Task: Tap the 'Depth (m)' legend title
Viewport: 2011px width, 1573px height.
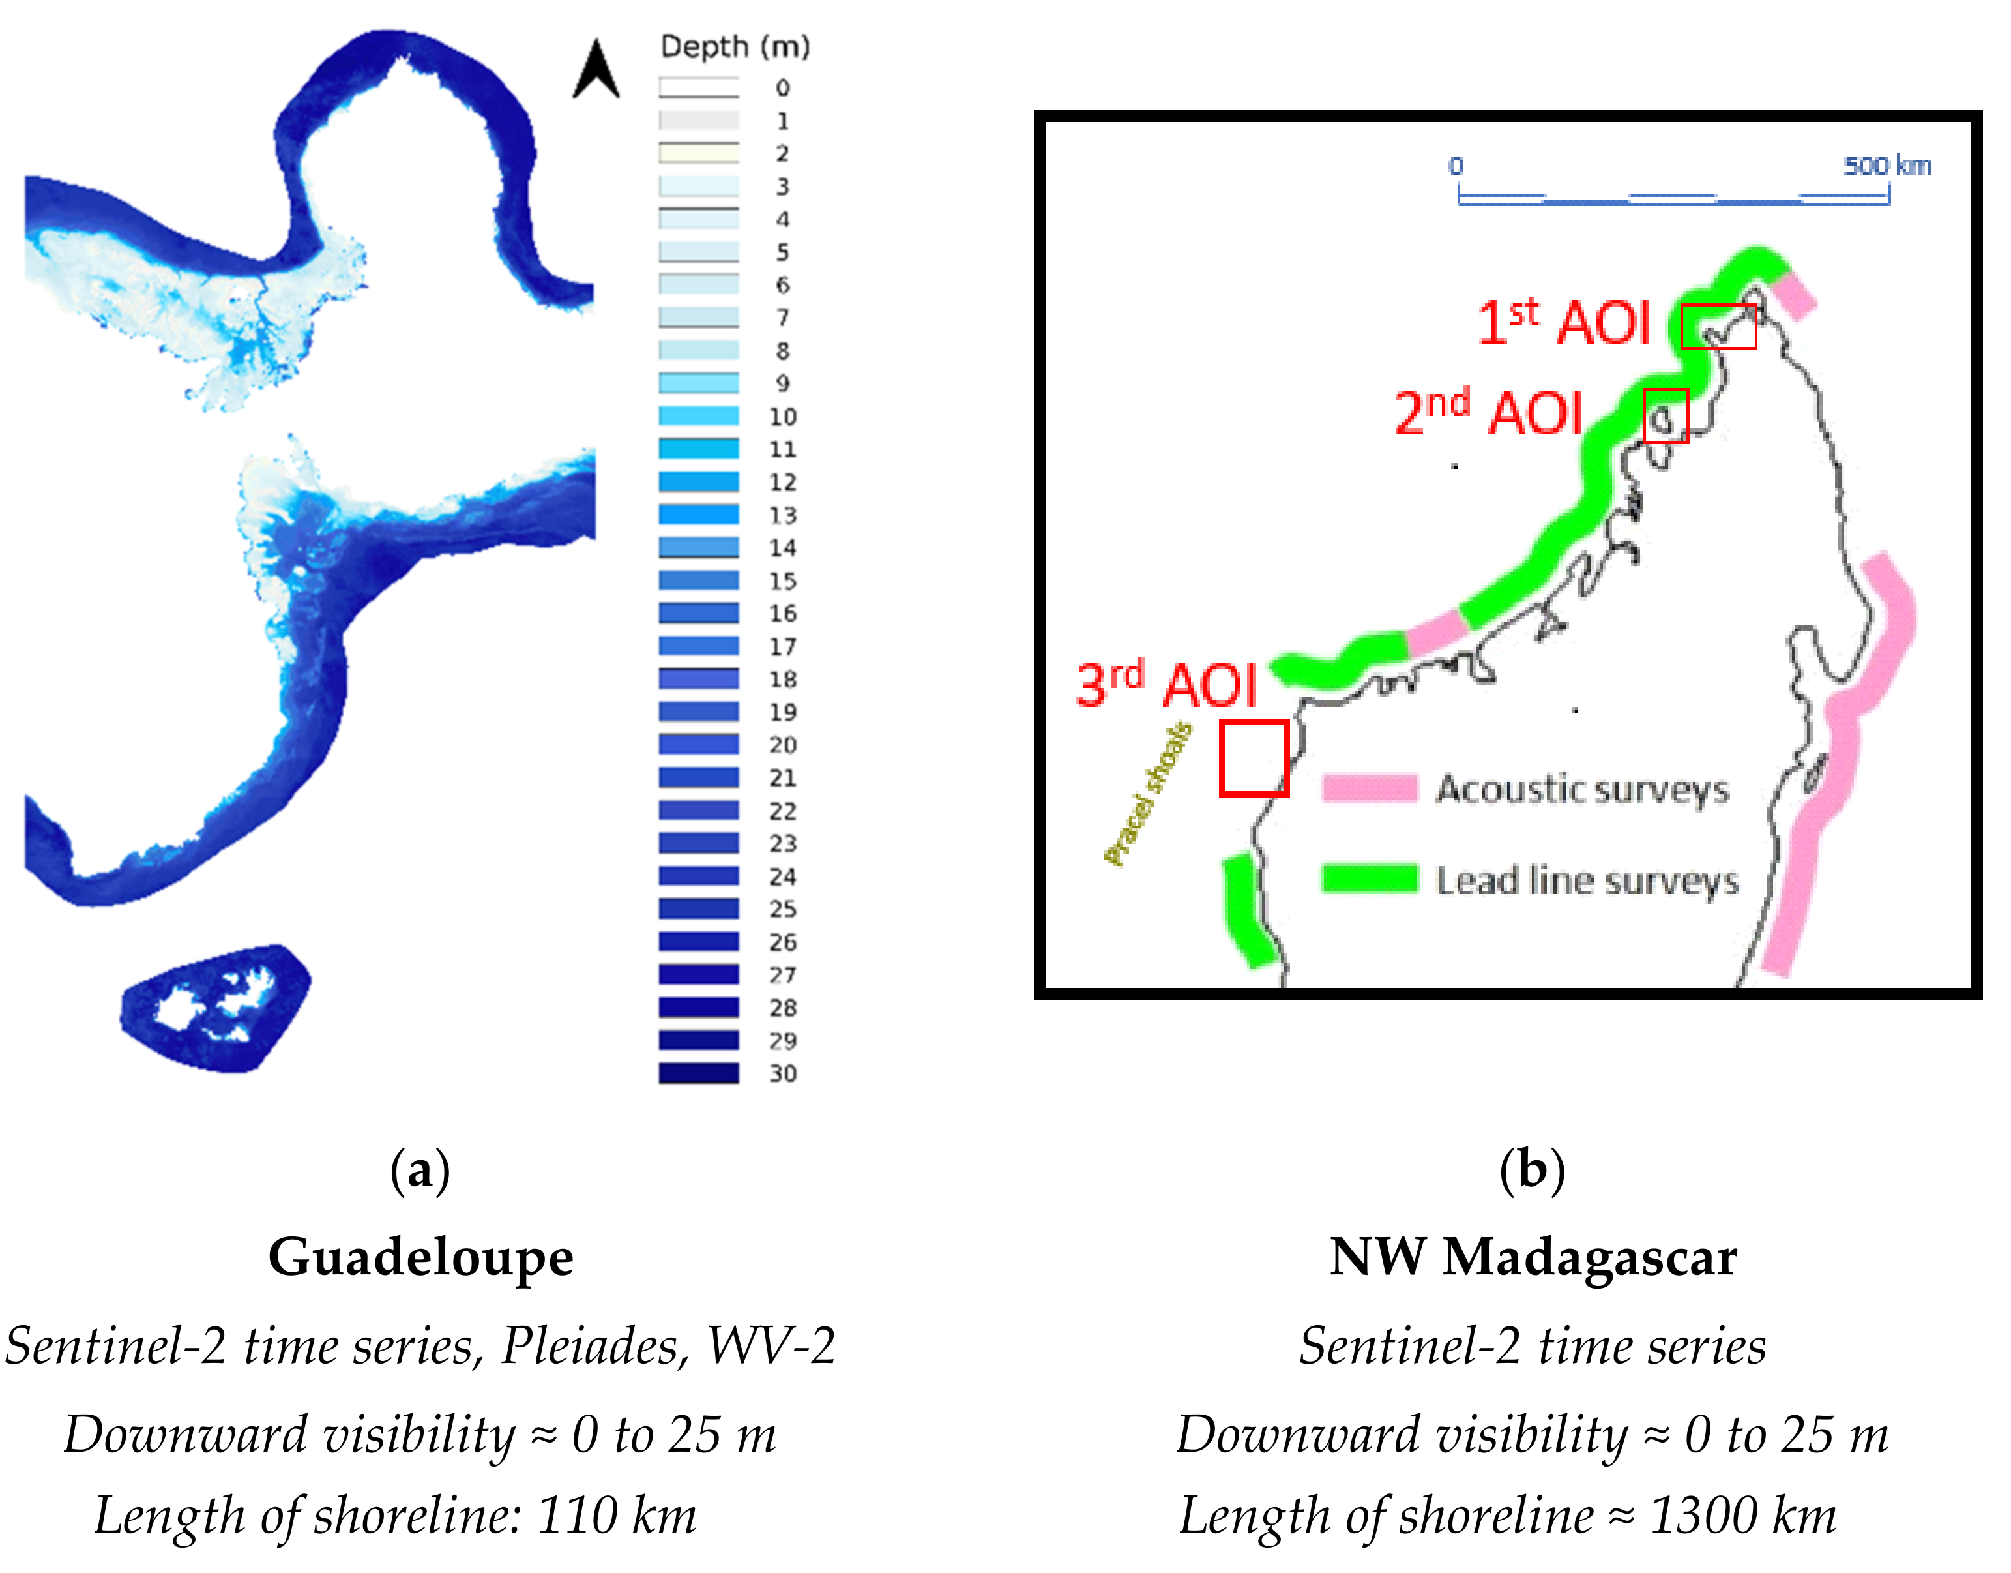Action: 735,46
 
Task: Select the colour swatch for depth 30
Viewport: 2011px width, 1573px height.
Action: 698,1073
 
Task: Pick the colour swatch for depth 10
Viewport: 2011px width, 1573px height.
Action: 698,416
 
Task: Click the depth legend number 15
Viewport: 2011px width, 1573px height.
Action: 783,581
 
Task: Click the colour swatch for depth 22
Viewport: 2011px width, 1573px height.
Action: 698,811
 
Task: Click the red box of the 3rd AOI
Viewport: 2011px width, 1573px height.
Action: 1253,758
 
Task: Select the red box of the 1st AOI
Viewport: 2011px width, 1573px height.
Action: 1718,326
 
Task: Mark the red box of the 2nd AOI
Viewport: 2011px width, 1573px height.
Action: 1666,415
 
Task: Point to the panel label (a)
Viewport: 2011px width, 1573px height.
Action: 420,1171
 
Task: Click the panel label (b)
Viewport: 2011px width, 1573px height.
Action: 1532,1171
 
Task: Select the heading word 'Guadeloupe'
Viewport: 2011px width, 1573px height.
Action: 421,1257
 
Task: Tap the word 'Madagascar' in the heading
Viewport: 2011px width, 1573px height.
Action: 1589,1257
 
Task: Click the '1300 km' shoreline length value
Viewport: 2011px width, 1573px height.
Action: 1743,1516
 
